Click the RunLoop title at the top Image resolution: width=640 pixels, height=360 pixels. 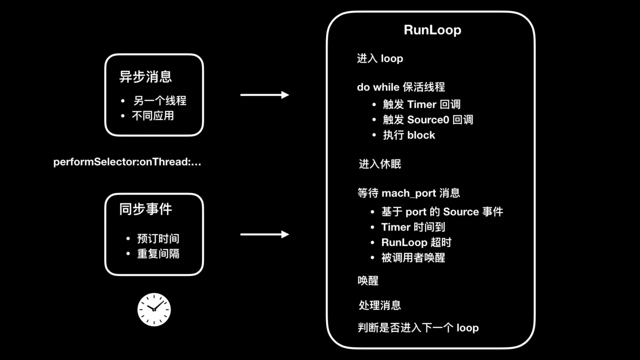432,30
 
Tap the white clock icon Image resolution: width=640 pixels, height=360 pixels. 154,309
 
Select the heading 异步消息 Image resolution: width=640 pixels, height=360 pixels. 145,76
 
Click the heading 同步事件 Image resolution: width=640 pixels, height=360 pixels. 145,209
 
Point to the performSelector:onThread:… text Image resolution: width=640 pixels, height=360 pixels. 127,162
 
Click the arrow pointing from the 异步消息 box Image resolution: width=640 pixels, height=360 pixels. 264,95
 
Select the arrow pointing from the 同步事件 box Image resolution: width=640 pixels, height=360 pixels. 264,234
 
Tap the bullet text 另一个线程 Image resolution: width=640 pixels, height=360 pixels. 159,100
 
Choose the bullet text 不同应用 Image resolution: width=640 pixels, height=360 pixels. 152,115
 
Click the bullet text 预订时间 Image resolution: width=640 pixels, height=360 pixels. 158,238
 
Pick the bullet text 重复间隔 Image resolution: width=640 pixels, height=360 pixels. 158,253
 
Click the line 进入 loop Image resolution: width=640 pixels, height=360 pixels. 379,58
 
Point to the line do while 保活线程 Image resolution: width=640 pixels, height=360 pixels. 400,87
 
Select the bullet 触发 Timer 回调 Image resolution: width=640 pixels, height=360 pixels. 421,104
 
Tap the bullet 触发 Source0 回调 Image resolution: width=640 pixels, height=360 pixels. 428,120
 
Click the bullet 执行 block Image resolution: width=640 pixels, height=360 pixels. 409,135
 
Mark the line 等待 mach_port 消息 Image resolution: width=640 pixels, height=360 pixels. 408,193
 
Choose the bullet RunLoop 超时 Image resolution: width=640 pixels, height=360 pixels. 416,242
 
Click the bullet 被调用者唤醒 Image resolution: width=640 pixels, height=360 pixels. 413,257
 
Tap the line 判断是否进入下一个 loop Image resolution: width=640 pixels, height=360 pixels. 418,328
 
